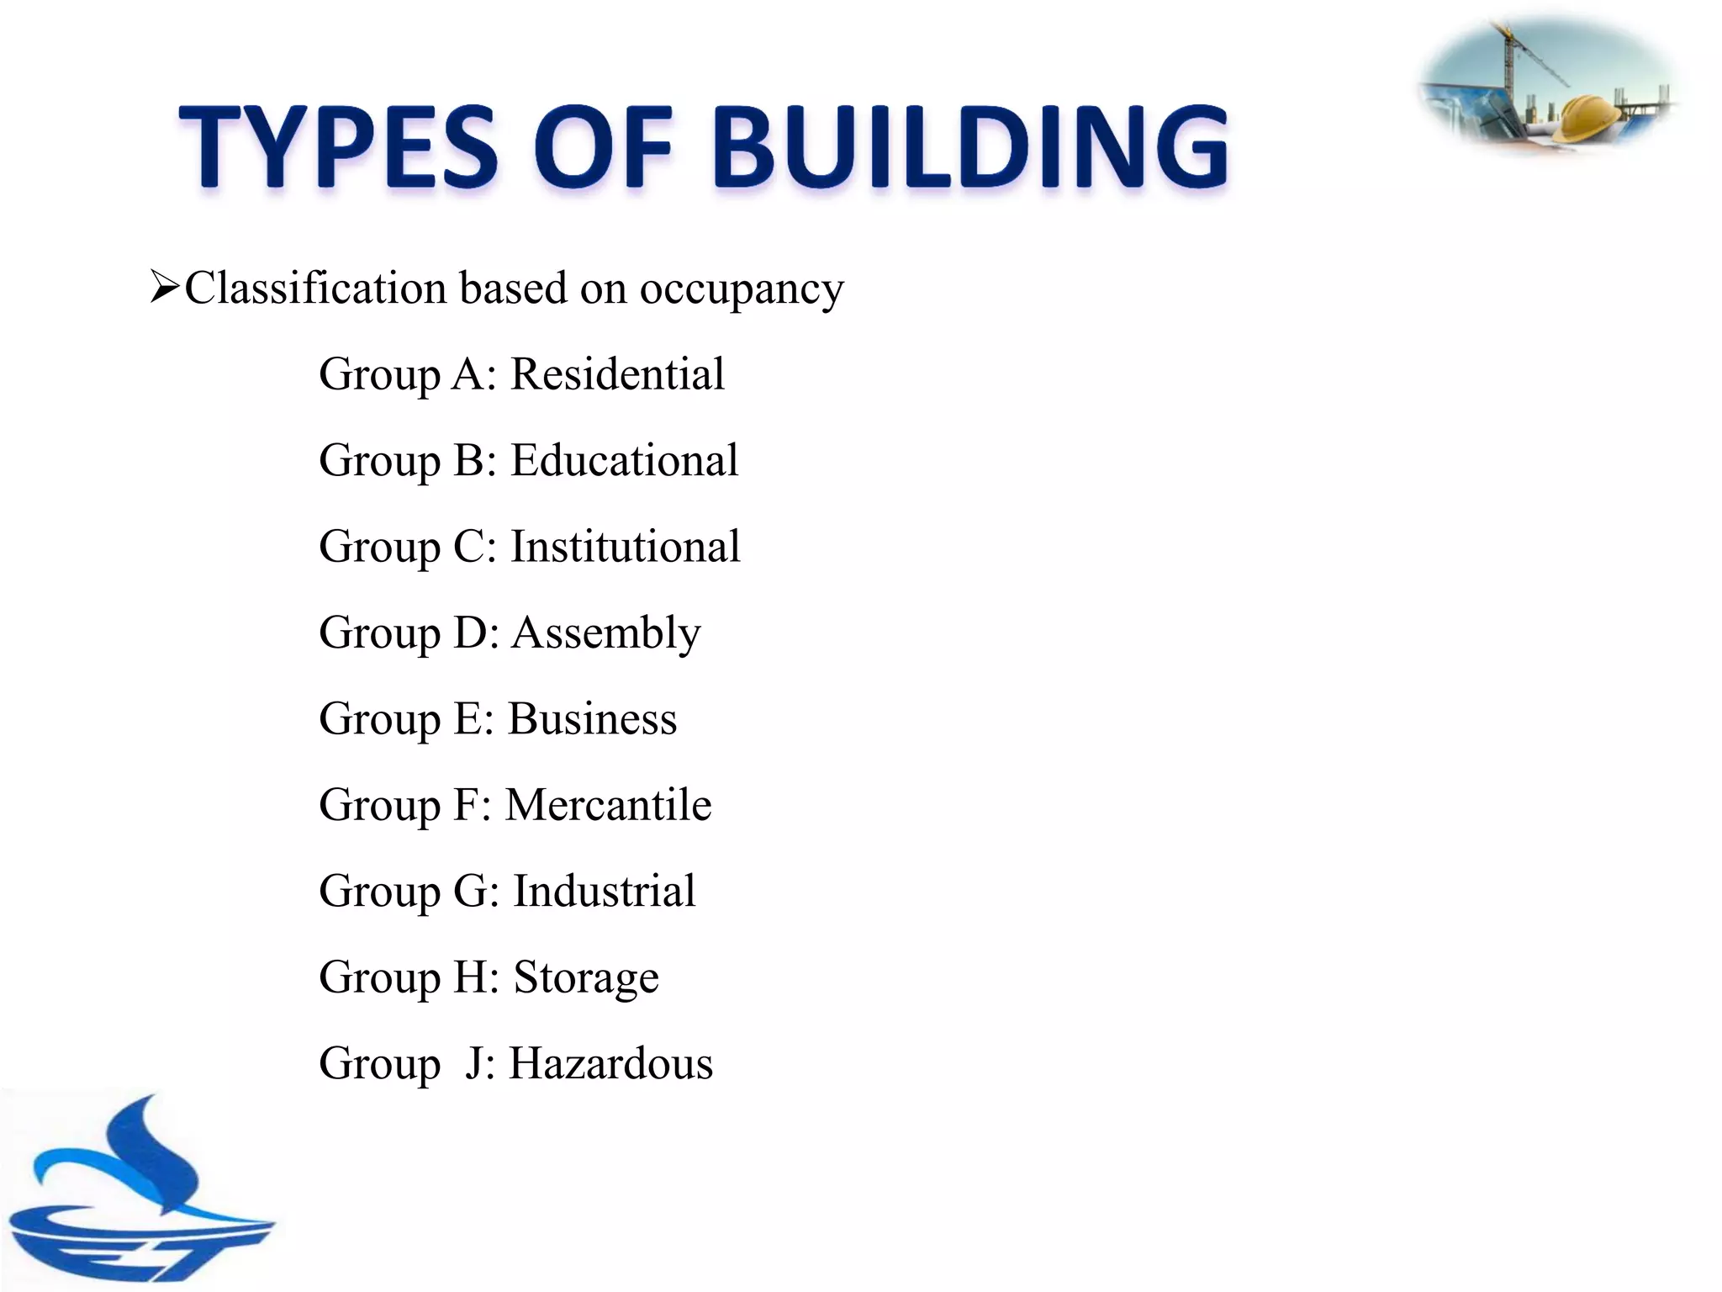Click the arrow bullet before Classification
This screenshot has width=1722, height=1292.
tap(164, 288)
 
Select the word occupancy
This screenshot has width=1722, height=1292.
tap(742, 290)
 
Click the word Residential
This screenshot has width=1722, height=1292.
tap(617, 373)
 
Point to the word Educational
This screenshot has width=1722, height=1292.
tap(625, 460)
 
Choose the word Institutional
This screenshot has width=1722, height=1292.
tap(626, 547)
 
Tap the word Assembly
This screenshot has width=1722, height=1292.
tap(605, 633)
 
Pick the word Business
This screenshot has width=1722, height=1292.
tap(593, 719)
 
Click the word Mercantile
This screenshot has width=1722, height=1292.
tap(608, 805)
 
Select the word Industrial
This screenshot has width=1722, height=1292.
tap(605, 891)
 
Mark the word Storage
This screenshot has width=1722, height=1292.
tap(586, 978)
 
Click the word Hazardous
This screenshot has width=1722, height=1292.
tap(611, 1063)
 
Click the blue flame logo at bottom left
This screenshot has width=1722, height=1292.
tap(135, 1194)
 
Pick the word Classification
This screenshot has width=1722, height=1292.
tap(316, 288)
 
